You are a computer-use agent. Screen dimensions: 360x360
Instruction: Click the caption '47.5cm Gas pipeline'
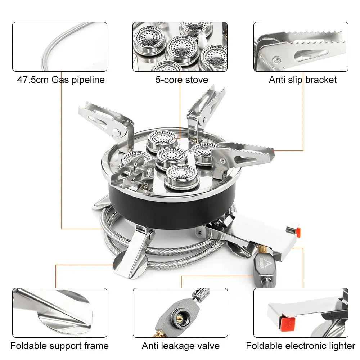coord(61,80)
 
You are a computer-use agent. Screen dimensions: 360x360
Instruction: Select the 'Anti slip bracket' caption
coord(302,80)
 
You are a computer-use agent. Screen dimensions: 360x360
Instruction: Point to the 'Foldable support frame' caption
coord(59,346)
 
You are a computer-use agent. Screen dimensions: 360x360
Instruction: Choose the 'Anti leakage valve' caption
coord(180,346)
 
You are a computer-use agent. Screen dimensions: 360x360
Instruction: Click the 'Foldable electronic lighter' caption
coord(301,346)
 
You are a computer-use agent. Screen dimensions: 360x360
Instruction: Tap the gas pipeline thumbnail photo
coord(60,47)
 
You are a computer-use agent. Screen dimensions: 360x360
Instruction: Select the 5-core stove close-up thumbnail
coord(180,47)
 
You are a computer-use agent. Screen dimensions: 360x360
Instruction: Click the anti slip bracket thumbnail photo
coord(301,47)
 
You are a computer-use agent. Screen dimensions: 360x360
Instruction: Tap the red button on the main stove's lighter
coord(296,231)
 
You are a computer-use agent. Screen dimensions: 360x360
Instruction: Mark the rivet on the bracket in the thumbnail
coord(276,59)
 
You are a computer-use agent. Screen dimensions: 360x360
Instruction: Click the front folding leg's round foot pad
coord(121,262)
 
